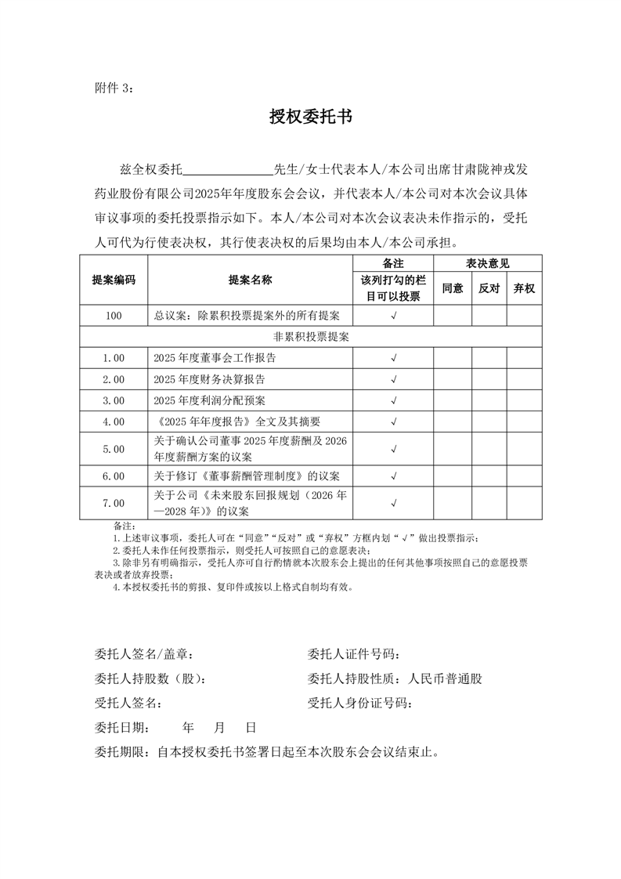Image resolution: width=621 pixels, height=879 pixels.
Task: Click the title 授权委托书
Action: [x=310, y=118]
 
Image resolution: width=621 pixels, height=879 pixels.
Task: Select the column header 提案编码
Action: [x=114, y=280]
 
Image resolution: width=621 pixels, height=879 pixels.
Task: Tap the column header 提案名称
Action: [x=250, y=280]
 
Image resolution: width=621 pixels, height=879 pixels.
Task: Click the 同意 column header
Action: [x=453, y=288]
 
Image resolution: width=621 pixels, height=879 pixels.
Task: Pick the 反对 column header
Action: [x=489, y=288]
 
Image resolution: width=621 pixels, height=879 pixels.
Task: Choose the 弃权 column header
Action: [x=524, y=288]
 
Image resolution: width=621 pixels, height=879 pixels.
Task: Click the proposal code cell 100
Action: [x=114, y=316]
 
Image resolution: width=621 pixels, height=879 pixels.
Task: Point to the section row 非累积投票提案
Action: [x=311, y=337]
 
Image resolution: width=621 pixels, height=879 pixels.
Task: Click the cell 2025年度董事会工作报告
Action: [x=215, y=358]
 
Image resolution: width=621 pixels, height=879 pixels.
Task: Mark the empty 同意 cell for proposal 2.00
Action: [x=453, y=380]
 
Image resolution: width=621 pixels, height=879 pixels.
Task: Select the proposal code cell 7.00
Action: [x=114, y=503]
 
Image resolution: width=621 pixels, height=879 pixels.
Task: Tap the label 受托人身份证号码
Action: [x=360, y=703]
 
